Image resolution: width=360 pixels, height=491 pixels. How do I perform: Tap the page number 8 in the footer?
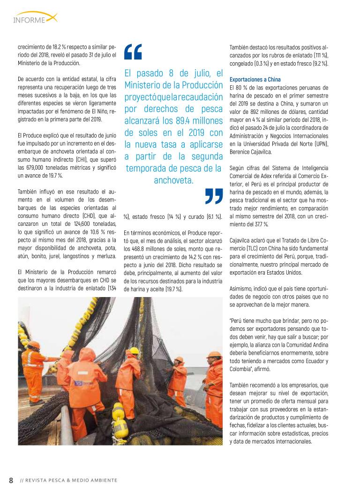(11, 480)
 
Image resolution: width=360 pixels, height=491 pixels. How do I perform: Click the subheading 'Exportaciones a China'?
(255, 80)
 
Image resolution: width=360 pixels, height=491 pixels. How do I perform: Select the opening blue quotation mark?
(133, 52)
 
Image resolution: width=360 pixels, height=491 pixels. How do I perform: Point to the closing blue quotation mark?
(214, 196)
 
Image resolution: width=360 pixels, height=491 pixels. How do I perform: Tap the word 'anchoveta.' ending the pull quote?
(173, 180)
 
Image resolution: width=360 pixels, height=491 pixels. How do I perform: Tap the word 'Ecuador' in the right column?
(313, 361)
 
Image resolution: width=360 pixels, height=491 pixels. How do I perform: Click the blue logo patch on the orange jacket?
(76, 382)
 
